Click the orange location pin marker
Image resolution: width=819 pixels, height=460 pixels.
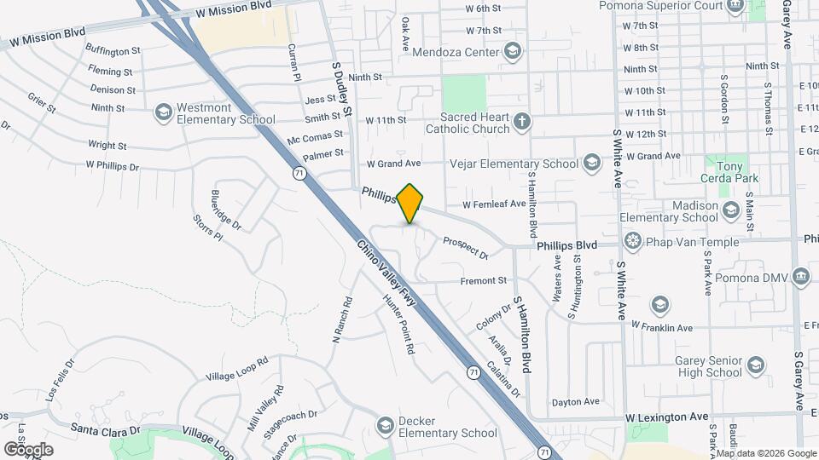pos(410,204)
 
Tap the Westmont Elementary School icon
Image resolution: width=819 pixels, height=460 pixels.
pos(162,112)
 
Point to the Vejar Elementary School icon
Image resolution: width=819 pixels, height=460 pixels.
pos(592,164)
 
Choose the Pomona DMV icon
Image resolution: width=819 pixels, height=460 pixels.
pos(801,277)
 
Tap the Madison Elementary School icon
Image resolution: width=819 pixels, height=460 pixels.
pos(730,210)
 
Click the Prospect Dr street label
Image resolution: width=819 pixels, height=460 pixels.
pos(465,248)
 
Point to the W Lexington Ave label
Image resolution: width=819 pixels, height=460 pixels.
pos(666,417)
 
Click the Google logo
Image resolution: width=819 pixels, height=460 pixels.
pos(28,449)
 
